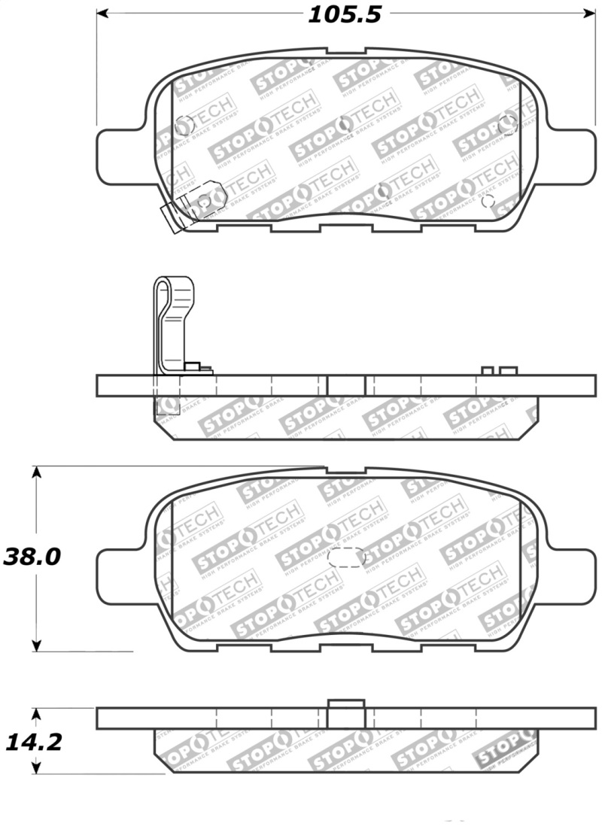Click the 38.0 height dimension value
(32, 557)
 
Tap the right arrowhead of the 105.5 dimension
(588, 14)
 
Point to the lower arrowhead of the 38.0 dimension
(36, 645)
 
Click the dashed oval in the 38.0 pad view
(347, 557)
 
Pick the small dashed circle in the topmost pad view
(487, 201)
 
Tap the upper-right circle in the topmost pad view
(507, 125)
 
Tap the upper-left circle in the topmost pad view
(183, 126)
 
